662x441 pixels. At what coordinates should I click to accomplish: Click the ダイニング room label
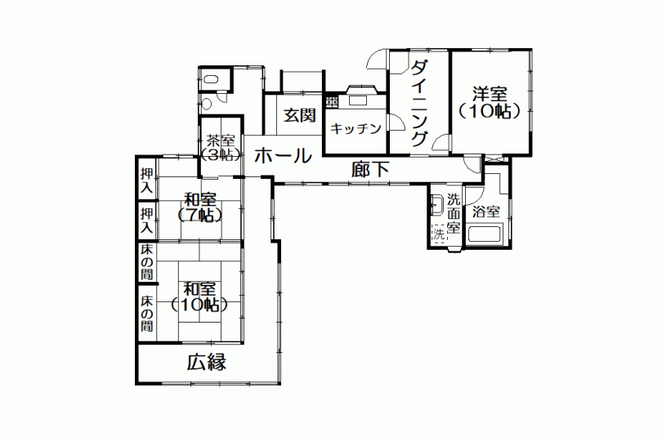pos(418,103)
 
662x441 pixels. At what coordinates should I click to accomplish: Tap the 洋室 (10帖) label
pos(490,103)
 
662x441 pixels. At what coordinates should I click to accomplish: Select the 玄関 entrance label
pos(299,115)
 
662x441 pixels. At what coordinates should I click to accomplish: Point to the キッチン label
pos(356,128)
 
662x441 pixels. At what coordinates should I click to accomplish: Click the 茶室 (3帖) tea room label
pos(221,148)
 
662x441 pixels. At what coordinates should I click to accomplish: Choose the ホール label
pos(283,156)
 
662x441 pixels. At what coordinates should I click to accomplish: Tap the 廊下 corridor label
pos(370,170)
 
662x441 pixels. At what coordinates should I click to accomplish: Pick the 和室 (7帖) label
pos(200,207)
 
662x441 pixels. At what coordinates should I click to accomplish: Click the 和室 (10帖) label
pos(199,296)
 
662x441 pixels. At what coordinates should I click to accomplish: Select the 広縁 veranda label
pos(207,362)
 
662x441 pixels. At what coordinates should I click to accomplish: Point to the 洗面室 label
pos(454,213)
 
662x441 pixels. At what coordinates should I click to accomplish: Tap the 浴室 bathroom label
pos(486,212)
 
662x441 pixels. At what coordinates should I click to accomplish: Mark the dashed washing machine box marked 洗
pos(438,234)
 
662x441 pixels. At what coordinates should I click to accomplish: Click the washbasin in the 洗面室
pos(436,204)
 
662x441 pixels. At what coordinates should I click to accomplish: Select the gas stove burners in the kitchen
pos(332,101)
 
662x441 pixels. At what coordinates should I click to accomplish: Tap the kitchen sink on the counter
pos(357,100)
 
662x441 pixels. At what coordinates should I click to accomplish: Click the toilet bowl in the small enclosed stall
pos(210,79)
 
